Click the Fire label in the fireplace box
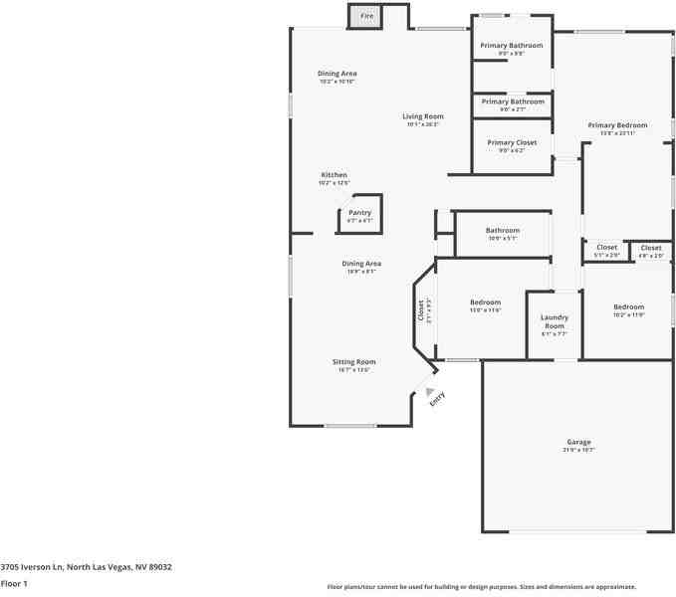(366, 17)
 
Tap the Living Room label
(423, 116)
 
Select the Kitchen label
(334, 175)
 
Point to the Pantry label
(359, 212)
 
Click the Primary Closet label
(512, 142)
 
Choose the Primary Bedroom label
(617, 125)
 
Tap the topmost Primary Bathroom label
(512, 46)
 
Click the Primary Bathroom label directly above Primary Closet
(513, 101)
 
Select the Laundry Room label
(555, 321)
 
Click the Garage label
(579, 442)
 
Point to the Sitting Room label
(353, 362)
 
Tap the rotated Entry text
(436, 398)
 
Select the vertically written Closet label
(420, 310)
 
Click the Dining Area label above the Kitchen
(338, 74)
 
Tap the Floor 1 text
(14, 583)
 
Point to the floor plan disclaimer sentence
(482, 587)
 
